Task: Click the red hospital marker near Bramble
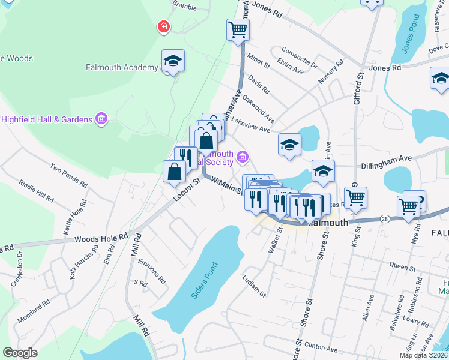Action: pyautogui.click(x=163, y=27)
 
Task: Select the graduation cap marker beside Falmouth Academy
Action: pyautogui.click(x=173, y=61)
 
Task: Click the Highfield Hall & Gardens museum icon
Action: pyautogui.click(x=101, y=119)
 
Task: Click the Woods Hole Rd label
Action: pyautogui.click(x=101, y=238)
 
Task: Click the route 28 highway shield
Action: pyautogui.click(x=384, y=220)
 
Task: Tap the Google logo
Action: pyautogui.click(x=20, y=352)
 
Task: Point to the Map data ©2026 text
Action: pyautogui.click(x=424, y=355)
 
